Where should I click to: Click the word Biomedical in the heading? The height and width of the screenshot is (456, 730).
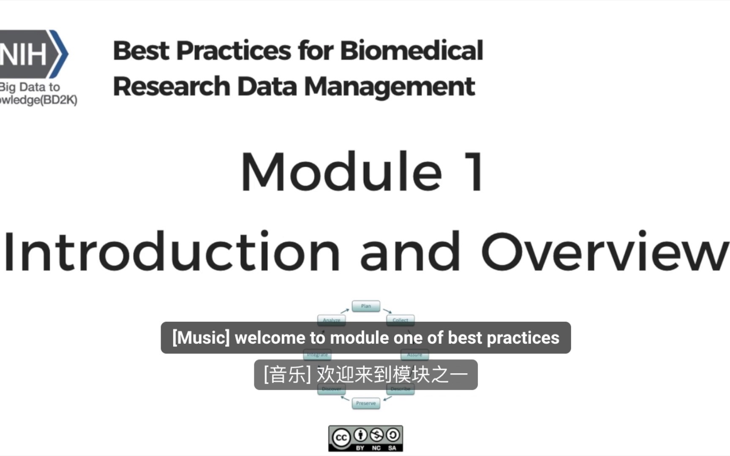(x=411, y=51)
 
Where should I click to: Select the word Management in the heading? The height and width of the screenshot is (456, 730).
(x=390, y=87)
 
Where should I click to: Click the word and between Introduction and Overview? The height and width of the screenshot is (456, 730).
(x=410, y=252)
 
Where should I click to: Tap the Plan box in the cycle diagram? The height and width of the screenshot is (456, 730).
(x=366, y=306)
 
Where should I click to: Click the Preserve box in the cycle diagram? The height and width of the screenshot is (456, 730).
(x=366, y=403)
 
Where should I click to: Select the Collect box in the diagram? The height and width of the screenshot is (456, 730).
(x=400, y=320)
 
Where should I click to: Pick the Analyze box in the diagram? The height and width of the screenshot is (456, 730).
(x=332, y=320)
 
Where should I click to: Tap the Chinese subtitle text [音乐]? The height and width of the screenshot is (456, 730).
(x=287, y=375)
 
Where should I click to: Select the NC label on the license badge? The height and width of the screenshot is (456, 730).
(x=376, y=448)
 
